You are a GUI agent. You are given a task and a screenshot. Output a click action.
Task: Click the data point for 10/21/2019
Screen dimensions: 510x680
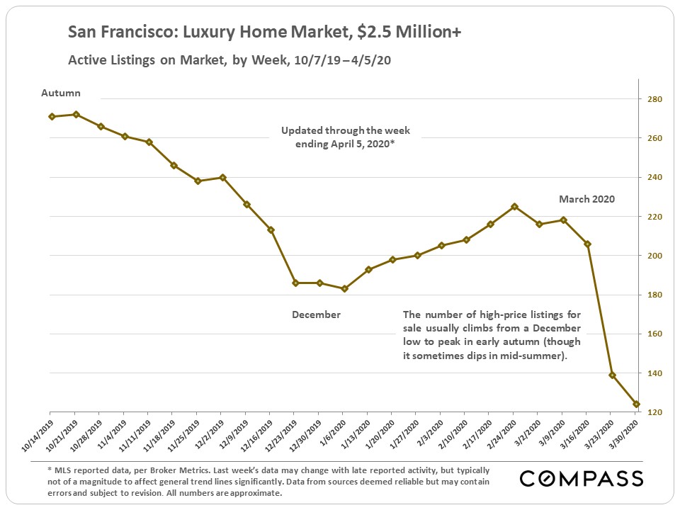[x=76, y=114]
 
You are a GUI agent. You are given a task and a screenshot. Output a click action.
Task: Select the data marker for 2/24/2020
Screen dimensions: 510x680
[x=514, y=206]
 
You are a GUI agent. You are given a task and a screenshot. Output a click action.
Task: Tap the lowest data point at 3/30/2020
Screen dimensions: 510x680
[x=636, y=404]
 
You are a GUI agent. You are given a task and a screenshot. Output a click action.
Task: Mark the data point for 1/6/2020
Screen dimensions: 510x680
[x=344, y=288]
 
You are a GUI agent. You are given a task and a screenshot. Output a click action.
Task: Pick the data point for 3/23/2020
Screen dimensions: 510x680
[x=612, y=375]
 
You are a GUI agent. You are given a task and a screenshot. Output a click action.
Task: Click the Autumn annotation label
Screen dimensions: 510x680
[x=61, y=93]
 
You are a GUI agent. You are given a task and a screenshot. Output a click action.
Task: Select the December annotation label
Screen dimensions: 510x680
[x=316, y=314]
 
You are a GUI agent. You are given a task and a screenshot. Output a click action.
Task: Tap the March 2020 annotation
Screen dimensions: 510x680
[x=586, y=199]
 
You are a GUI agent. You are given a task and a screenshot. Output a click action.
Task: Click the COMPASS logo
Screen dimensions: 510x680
[x=582, y=478]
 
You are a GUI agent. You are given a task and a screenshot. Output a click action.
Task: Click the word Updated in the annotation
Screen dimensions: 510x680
[x=302, y=131]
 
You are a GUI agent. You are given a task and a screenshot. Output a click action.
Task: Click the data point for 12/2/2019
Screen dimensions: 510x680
[x=222, y=177]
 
